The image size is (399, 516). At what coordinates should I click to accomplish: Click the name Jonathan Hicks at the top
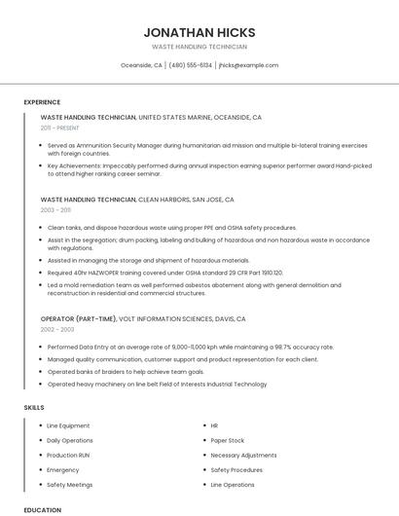(199, 31)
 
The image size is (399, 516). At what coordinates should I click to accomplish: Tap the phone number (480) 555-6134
(190, 65)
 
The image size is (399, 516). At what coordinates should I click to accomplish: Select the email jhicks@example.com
(248, 65)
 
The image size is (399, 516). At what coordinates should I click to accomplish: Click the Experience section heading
(42, 102)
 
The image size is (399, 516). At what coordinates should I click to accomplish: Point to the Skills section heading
(33, 407)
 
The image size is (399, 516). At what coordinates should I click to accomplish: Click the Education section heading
(42, 510)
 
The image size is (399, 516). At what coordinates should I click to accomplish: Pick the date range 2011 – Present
(60, 128)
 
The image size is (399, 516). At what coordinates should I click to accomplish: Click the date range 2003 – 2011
(55, 209)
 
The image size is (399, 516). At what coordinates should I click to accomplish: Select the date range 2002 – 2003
(56, 329)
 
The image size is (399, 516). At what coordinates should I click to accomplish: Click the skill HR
(214, 425)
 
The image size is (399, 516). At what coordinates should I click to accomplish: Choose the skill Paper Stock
(228, 440)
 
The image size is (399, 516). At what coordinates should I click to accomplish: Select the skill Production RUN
(68, 455)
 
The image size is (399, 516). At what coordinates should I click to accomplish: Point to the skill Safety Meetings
(69, 484)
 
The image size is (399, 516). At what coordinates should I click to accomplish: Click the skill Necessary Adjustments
(243, 455)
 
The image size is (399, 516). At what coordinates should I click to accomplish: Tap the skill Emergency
(62, 469)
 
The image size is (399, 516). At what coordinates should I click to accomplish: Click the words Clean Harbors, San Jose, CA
(186, 199)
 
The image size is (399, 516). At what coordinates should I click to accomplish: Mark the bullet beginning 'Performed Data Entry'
(190, 347)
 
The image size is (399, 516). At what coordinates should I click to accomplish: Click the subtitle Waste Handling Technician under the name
(199, 47)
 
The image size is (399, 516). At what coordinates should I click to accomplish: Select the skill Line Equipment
(68, 425)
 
